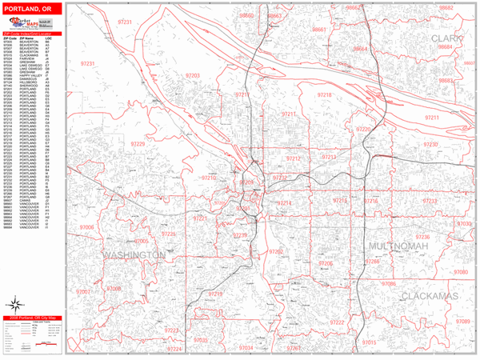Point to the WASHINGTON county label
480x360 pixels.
(134, 254)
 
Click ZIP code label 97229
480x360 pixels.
(138, 144)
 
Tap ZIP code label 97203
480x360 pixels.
(192, 75)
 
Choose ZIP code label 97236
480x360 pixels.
(422, 237)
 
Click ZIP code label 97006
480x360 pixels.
(86, 227)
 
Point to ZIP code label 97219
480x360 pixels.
(215, 294)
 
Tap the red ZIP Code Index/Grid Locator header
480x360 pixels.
(31, 34)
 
